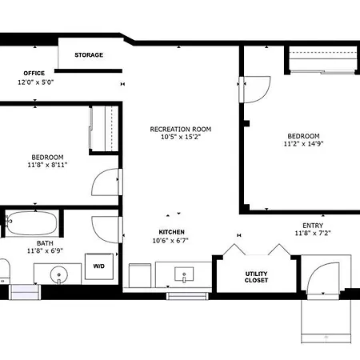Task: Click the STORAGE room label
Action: pyautogui.click(x=89, y=55)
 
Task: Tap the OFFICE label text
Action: pyautogui.click(x=34, y=74)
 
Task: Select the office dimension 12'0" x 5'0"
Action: pyautogui.click(x=36, y=82)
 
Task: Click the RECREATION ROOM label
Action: pyautogui.click(x=181, y=130)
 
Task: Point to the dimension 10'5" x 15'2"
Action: pyautogui.click(x=181, y=137)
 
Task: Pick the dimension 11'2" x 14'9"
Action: pyautogui.click(x=303, y=144)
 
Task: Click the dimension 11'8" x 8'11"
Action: pyautogui.click(x=47, y=165)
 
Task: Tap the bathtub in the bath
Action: pyautogui.click(x=32, y=223)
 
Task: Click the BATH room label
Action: pyautogui.click(x=45, y=243)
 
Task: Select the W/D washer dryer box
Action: pyautogui.click(x=99, y=266)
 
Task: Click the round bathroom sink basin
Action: pyautogui.click(x=59, y=274)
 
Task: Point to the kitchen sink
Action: pyautogui.click(x=184, y=274)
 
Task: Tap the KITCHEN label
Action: pyautogui.click(x=172, y=232)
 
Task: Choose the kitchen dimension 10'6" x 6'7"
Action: pyautogui.click(x=170, y=241)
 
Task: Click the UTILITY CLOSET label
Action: pyautogui.click(x=256, y=277)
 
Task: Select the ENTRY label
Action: pyautogui.click(x=313, y=226)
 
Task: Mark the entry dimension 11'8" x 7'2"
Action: pyautogui.click(x=313, y=234)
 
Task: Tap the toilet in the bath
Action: pyautogui.click(x=5, y=270)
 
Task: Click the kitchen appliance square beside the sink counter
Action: pyautogui.click(x=140, y=275)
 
